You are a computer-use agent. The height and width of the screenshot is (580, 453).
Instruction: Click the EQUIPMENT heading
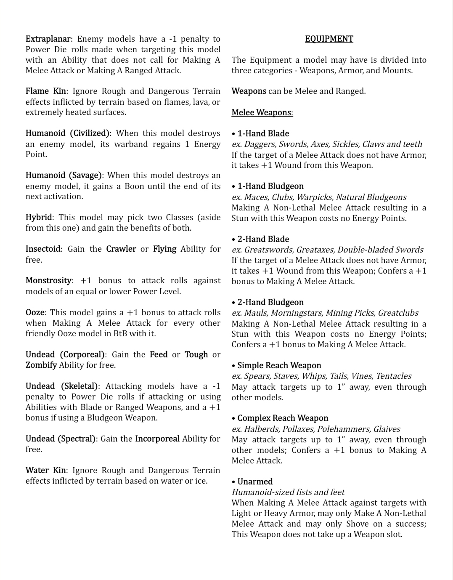pos(329,39)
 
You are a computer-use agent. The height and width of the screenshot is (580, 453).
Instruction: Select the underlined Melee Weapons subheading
pos(262,113)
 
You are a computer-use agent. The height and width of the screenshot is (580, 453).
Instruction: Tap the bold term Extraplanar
pos(48,39)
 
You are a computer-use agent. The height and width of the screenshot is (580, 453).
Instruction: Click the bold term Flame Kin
pos(45,91)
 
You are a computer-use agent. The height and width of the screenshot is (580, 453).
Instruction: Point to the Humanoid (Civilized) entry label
pos(68,133)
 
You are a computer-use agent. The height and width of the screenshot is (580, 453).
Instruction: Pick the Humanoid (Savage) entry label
pos(64,176)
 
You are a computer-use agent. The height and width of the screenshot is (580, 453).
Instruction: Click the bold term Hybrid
pos(39,218)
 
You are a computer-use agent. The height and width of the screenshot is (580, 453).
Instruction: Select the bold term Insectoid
pos(43,249)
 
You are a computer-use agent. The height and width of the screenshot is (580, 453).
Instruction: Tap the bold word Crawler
pos(121,249)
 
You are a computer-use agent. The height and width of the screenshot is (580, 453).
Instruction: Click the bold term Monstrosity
pos(48,281)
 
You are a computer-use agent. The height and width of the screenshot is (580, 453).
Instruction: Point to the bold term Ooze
pos(35,313)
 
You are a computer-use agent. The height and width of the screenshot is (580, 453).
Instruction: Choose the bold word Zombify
pos(41,365)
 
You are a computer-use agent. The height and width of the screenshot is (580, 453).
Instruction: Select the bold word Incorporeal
pos(157,439)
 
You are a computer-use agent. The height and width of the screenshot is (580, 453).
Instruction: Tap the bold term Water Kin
pos(45,471)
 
